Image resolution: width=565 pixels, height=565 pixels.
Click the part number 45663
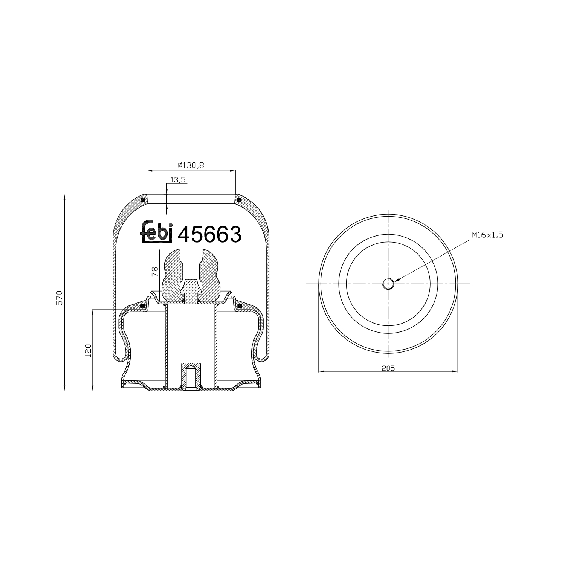point(209,235)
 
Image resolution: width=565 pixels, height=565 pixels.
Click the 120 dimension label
point(88,350)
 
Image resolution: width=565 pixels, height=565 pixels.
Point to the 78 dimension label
point(154,272)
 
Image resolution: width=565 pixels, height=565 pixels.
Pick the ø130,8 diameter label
point(191,165)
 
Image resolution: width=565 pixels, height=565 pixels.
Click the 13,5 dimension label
point(178,180)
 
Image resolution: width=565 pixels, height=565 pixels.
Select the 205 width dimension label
point(388,368)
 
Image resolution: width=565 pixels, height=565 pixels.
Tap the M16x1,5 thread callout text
point(487,235)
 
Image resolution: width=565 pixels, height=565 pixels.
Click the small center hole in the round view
point(388,284)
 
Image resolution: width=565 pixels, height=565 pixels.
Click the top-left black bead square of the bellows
point(143,200)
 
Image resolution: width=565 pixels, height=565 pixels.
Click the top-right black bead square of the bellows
point(238,200)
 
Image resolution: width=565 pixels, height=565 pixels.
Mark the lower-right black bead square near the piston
point(239,305)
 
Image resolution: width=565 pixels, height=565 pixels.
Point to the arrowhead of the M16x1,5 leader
point(395,280)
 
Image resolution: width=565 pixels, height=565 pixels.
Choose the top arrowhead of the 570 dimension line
point(65,196)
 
